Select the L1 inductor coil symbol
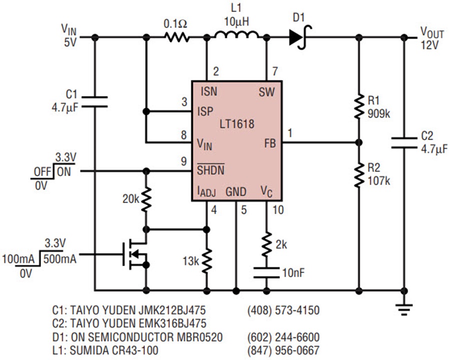click(236, 35)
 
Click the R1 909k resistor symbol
click(358, 107)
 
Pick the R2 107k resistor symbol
click(358, 174)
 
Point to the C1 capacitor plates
click(94, 102)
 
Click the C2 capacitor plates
click(404, 143)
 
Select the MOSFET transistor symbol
click(135, 254)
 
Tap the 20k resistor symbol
click(146, 198)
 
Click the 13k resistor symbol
click(206, 260)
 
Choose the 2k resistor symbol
click(266, 243)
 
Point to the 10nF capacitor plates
click(266, 272)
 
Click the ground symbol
click(404, 309)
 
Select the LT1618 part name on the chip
click(237, 124)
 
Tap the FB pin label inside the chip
click(270, 143)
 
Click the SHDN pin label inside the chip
click(210, 169)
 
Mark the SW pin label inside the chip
click(267, 92)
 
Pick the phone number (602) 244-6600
click(283, 336)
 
